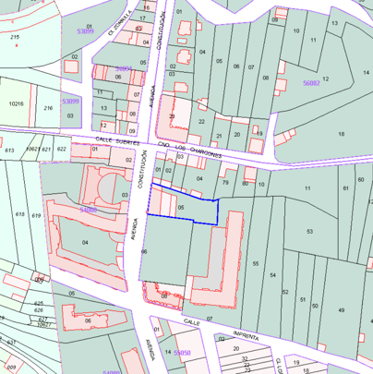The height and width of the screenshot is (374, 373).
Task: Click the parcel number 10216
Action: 16,104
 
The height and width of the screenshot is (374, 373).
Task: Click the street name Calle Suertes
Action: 116,141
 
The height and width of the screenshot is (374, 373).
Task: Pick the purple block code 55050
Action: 182,353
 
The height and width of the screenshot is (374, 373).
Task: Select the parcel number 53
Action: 310,231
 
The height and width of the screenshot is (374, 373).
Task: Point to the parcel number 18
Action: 341,135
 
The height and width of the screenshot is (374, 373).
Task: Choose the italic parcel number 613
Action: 9,149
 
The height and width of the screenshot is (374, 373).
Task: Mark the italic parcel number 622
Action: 61,148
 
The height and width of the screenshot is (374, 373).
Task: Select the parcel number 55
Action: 255,263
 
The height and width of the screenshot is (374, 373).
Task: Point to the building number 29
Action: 172,115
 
